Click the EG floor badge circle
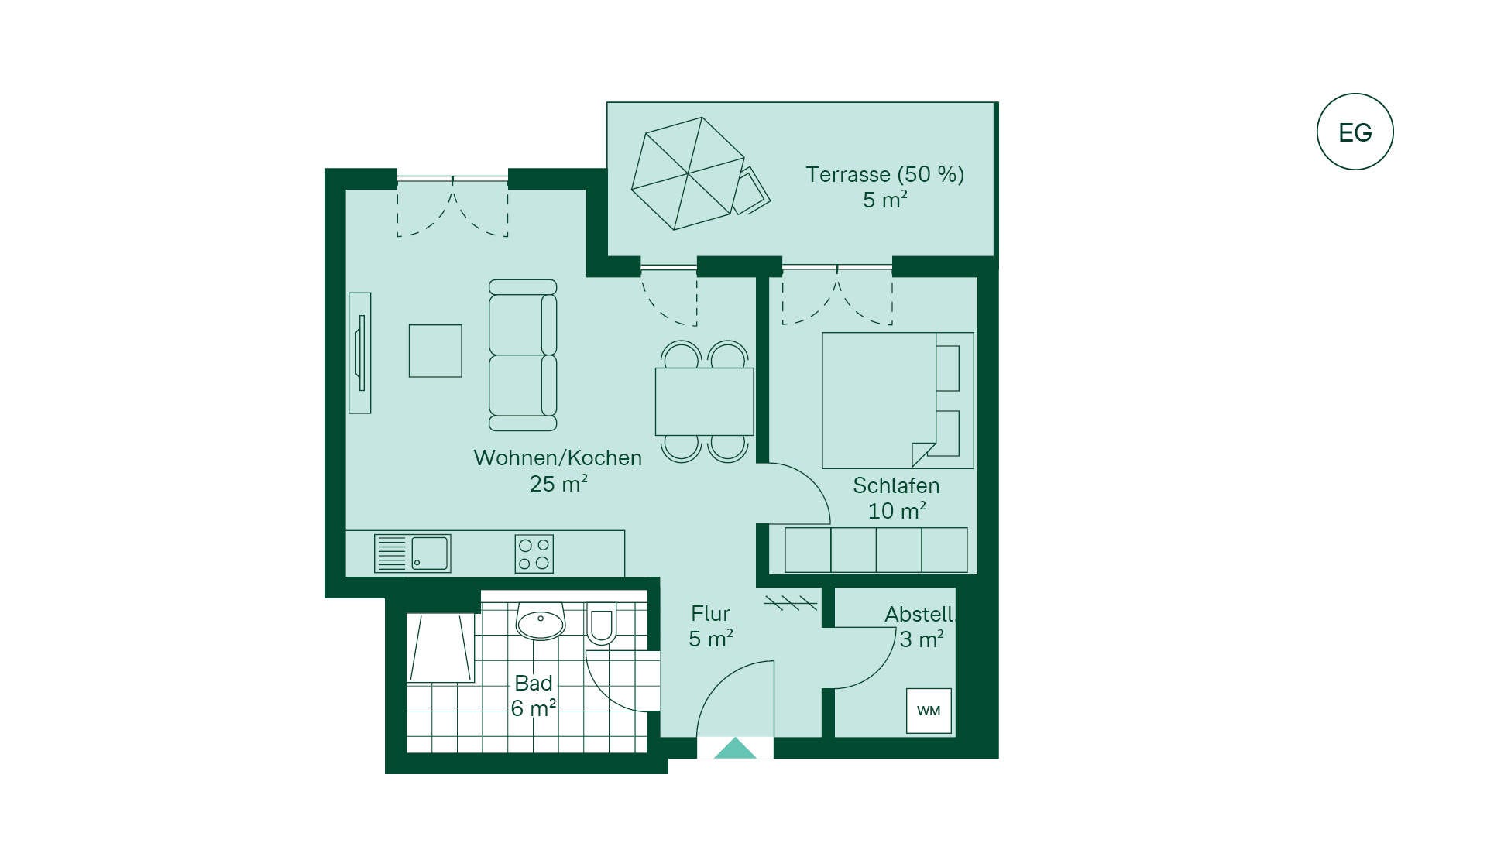click(1355, 132)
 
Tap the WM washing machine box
click(929, 711)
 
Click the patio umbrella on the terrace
click(688, 173)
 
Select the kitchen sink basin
click(430, 553)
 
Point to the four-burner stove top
click(534, 554)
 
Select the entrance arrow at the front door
click(735, 749)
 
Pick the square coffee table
click(435, 351)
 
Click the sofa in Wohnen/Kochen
click(523, 355)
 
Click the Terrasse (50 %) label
click(885, 174)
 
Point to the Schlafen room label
click(896, 485)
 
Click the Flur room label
click(710, 613)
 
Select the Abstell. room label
click(920, 614)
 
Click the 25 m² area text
click(558, 484)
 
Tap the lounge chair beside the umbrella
click(750, 190)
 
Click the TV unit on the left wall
click(359, 352)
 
